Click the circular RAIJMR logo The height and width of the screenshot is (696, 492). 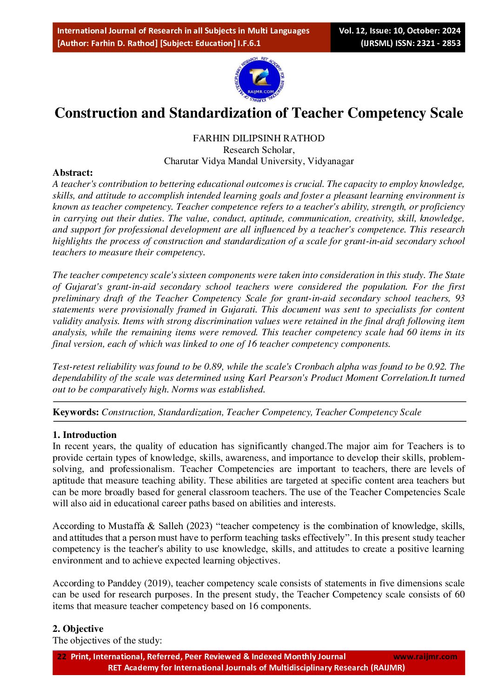[x=259, y=80]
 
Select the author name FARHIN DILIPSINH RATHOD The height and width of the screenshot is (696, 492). [x=259, y=138]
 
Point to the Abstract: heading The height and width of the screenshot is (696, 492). [x=73, y=172]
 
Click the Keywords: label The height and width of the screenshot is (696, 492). [x=76, y=412]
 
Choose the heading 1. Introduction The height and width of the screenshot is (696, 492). [x=85, y=435]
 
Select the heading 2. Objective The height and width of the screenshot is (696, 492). [x=78, y=629]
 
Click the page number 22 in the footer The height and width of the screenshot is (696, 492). [x=61, y=656]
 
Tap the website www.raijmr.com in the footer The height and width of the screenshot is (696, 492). [x=425, y=656]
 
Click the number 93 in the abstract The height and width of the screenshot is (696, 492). [x=459, y=298]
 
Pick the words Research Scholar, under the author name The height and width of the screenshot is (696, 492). [x=259, y=150]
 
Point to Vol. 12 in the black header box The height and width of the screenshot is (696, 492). [x=352, y=31]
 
